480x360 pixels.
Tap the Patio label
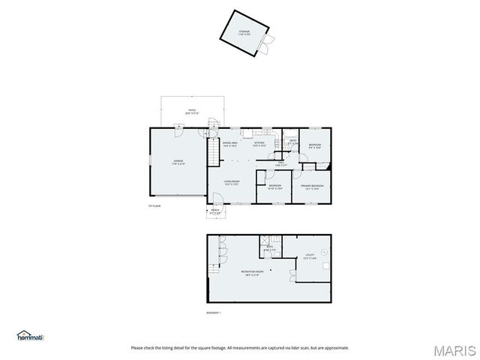181,112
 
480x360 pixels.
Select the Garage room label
178,161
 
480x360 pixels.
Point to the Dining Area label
229,143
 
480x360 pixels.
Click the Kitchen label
259,143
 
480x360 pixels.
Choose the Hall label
281,163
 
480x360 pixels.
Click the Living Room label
231,182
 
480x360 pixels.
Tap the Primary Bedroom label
312,187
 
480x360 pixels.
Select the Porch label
215,212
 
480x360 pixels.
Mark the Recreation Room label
252,272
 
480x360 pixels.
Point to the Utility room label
310,256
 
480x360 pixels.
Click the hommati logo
31,336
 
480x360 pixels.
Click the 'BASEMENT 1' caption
214,313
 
